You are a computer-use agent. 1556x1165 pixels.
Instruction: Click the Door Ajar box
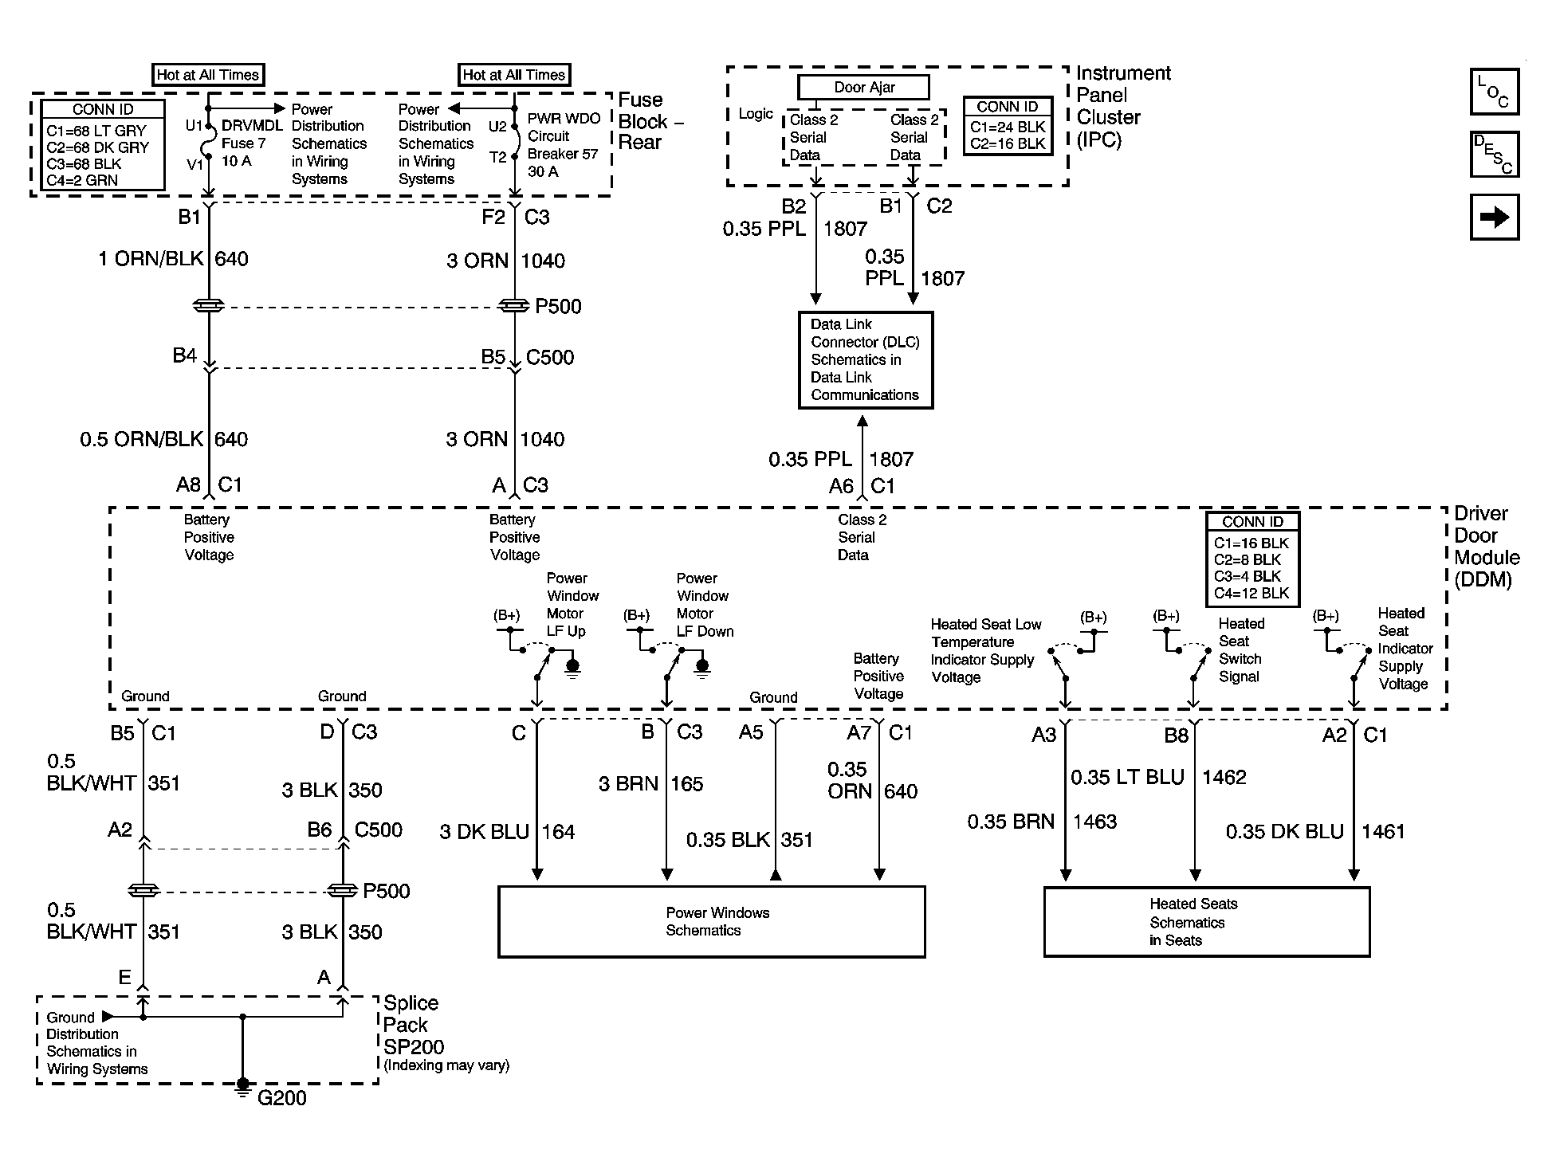864,87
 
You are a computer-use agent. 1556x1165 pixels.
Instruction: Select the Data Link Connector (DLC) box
866,360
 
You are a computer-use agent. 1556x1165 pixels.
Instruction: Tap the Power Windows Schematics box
712,922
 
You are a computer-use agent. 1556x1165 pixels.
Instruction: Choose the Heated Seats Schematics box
1207,922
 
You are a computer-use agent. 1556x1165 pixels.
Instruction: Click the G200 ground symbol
243,1087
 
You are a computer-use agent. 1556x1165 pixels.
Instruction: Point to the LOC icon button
1495,92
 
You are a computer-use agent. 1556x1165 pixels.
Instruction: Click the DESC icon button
1495,155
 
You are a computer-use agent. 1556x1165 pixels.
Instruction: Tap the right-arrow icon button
1495,217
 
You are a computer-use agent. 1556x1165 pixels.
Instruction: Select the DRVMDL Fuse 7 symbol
208,143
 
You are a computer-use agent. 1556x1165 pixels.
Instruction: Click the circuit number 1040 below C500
542,439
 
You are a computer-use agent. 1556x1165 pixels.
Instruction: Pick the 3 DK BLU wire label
485,832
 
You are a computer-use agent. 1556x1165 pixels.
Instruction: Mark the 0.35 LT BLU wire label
1127,777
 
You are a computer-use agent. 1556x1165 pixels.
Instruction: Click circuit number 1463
1094,822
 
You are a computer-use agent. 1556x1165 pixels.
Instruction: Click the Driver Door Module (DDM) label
1487,547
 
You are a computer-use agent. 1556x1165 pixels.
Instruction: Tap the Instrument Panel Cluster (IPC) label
1123,107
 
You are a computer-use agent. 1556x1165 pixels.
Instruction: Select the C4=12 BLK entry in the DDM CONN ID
1251,593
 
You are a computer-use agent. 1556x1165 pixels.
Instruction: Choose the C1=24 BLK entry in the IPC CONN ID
1008,127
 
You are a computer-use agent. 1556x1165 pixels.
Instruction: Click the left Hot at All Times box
208,75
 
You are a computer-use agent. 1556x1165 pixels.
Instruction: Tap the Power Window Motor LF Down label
705,605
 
